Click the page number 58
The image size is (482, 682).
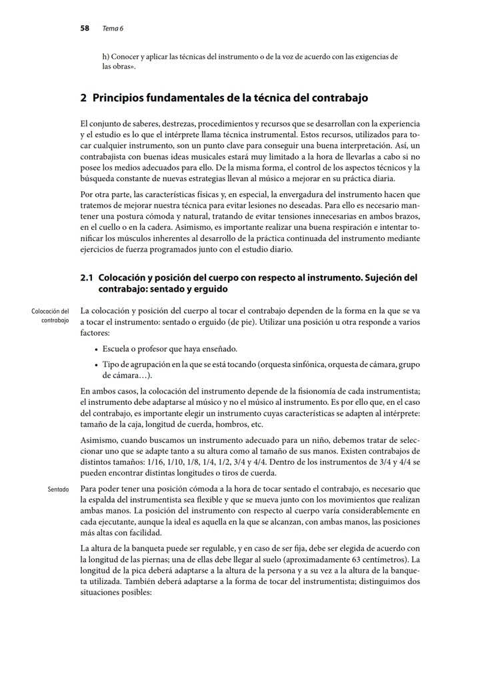click(x=85, y=28)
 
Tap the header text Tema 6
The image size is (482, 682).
click(x=113, y=29)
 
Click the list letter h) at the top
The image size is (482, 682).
click(x=105, y=57)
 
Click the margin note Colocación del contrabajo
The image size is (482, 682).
click(x=50, y=316)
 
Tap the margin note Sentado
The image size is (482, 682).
click(x=59, y=489)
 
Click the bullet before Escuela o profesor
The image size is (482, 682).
click(x=97, y=349)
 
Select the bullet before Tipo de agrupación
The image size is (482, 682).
click(x=97, y=364)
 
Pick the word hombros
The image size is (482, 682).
click(x=229, y=424)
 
